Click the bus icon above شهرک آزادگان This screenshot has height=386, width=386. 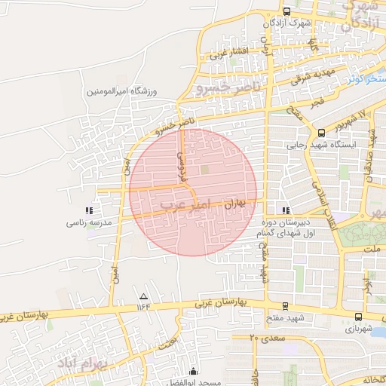286,11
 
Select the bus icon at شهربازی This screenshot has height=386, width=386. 358,317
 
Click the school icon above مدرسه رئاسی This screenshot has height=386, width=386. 88,211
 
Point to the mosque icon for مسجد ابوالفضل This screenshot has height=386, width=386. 194,371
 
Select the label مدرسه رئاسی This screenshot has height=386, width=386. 88,223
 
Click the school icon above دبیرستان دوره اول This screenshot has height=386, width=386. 285,210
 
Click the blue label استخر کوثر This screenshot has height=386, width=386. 367,78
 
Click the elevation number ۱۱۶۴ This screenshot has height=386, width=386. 143,307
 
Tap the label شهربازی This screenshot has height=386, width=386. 359,329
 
